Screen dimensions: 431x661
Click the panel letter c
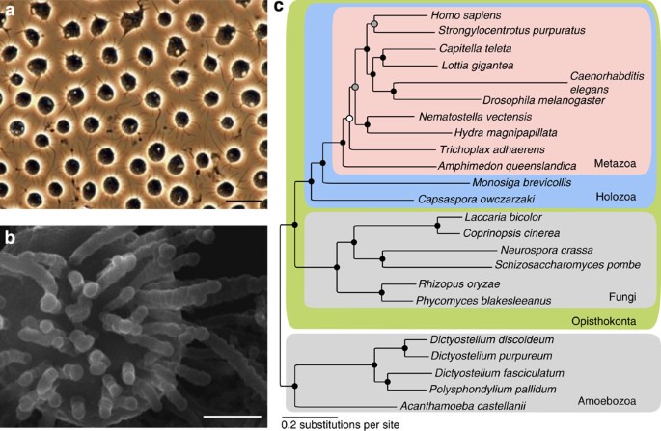click(x=278, y=9)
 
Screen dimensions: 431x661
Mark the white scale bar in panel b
click(x=232, y=416)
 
